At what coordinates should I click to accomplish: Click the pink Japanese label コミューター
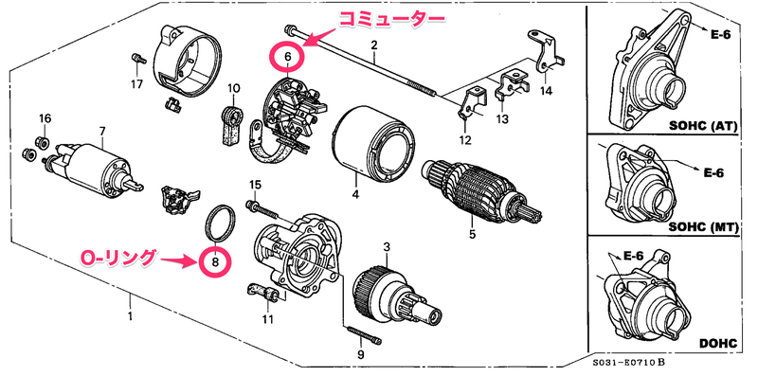[390, 19]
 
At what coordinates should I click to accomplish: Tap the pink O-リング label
[118, 258]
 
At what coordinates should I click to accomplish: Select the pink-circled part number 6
[288, 57]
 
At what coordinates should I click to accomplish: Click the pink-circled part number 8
[215, 261]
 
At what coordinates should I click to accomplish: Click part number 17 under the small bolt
[136, 84]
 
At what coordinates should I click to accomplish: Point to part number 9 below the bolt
[360, 355]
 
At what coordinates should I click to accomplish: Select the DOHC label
[718, 344]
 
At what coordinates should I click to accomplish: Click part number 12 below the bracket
[464, 140]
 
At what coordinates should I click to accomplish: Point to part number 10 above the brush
[233, 88]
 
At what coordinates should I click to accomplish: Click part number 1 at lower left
[130, 317]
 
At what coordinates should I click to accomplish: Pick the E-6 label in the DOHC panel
[635, 257]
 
